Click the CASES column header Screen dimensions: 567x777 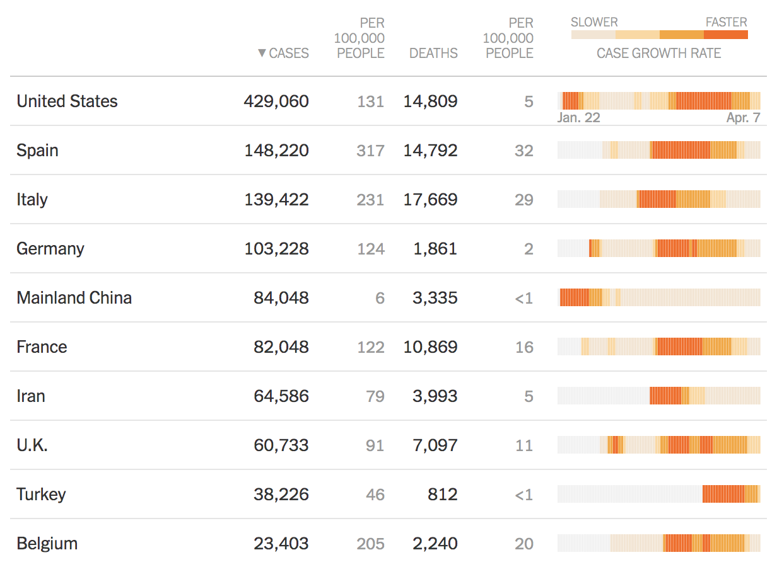289,54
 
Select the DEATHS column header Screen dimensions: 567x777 433,54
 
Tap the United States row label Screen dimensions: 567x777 67,101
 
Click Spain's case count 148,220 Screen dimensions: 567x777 276,151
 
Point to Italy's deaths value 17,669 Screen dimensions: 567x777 430,200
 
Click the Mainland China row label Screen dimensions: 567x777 74,298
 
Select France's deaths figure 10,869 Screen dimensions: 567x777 430,347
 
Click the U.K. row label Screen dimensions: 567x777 32,445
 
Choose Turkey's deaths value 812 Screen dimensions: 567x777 442,495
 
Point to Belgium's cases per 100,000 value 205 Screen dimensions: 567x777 370,544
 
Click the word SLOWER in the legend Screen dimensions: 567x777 594,23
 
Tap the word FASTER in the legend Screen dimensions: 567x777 726,23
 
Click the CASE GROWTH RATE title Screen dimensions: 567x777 658,54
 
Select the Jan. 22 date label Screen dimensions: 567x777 578,118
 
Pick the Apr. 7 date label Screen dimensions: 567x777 743,118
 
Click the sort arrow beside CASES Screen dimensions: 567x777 262,54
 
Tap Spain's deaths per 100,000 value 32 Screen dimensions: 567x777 523,151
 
